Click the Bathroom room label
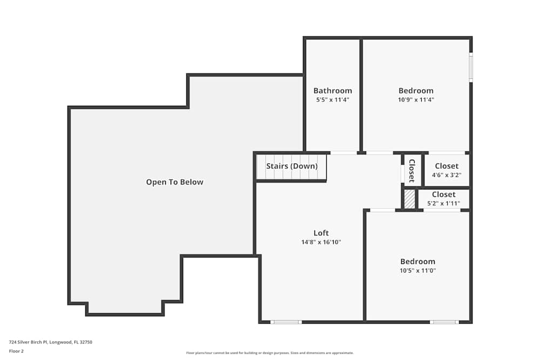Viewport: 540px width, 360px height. tap(333, 91)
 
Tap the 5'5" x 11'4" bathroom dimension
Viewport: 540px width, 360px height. tap(333, 100)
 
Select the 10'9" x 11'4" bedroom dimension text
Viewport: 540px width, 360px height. tap(416, 100)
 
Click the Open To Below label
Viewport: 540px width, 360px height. tap(174, 182)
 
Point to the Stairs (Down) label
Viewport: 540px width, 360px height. tap(292, 166)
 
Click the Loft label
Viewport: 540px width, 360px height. tap(321, 233)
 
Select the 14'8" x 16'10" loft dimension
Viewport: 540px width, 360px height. tap(321, 242)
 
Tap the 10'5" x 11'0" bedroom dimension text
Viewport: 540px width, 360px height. tap(417, 270)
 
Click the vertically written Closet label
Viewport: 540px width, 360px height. tap(411, 171)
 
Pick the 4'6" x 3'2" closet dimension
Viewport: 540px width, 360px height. tap(447, 175)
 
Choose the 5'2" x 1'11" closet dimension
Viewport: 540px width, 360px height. tap(443, 203)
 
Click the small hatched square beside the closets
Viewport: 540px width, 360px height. tap(410, 199)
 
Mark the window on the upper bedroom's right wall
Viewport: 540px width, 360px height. tap(470, 67)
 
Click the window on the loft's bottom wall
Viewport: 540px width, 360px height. tap(286, 322)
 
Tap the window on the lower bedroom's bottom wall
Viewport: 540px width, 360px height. tap(444, 322)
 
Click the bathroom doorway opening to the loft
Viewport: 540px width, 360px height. tap(343, 153)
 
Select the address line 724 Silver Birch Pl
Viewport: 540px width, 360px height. tap(46, 342)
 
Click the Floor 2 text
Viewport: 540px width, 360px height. tap(16, 351)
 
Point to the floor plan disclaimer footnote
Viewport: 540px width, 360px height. tap(270, 353)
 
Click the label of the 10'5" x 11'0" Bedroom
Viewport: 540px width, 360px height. tap(417, 262)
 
